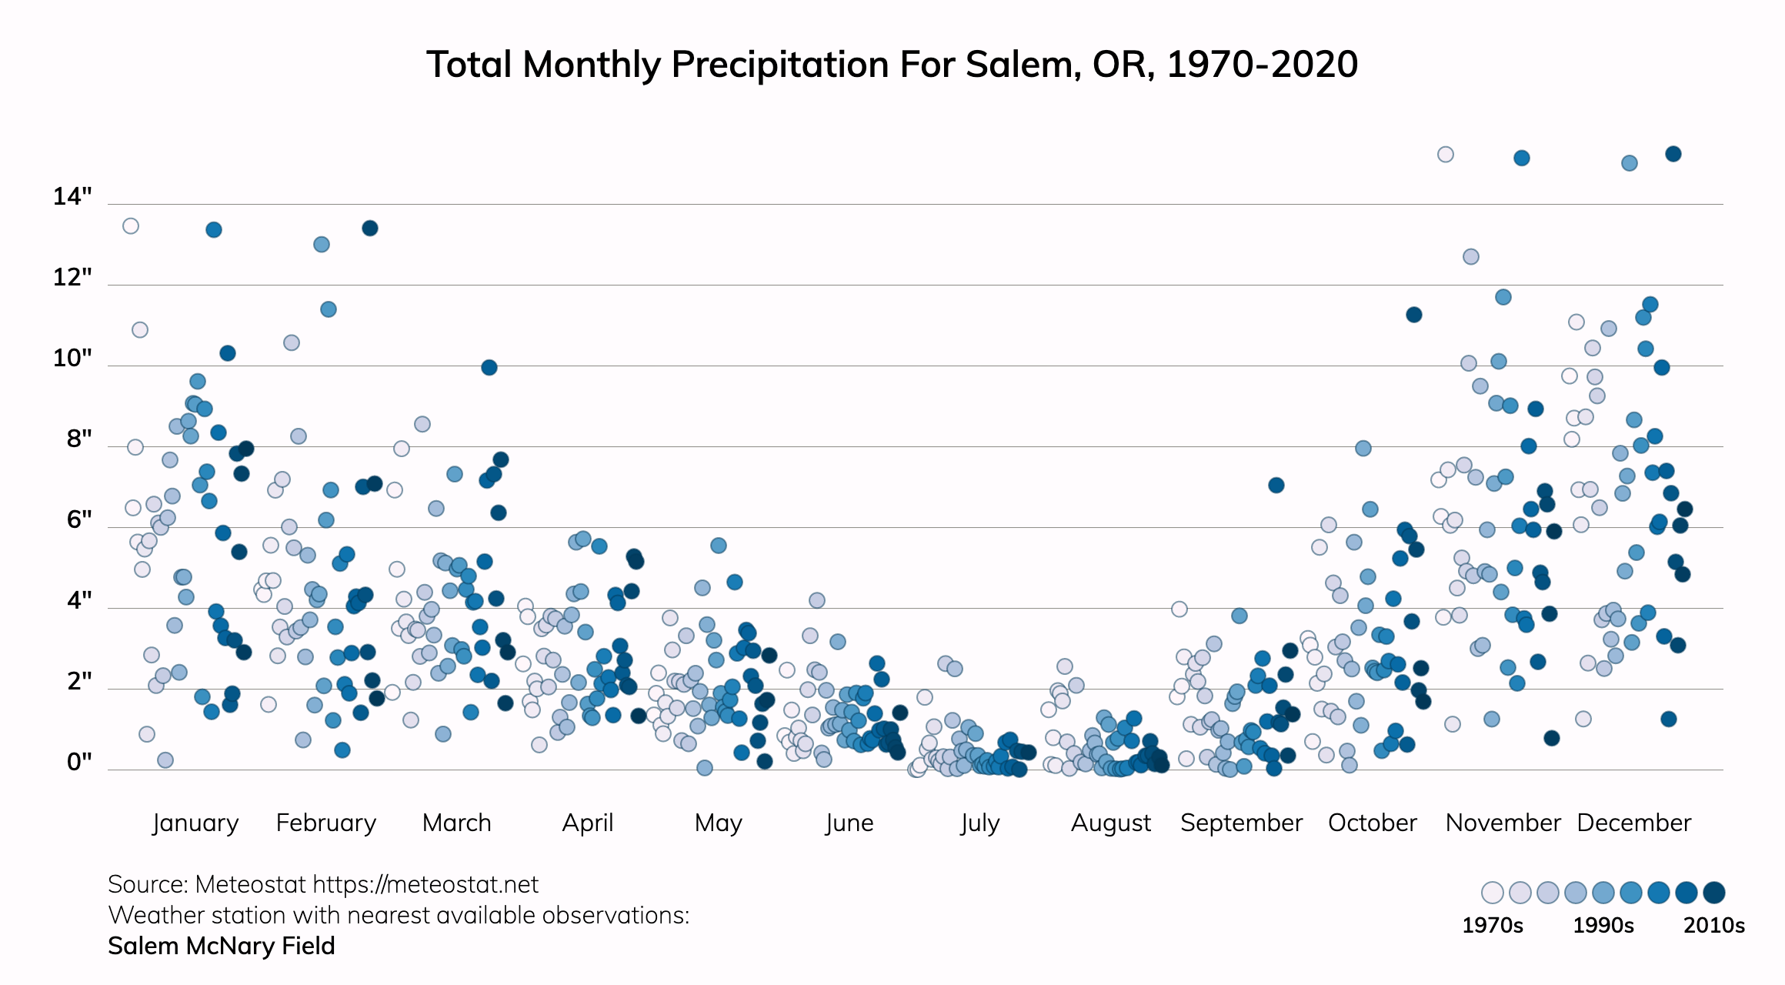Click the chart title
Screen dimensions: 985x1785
(892, 65)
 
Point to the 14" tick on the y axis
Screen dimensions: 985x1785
(72, 197)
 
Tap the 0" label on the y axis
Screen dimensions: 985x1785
(79, 762)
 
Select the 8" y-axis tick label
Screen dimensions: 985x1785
(79, 439)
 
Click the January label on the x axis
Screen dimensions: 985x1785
(195, 823)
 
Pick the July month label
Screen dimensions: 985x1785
(979, 823)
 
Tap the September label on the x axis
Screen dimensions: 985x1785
(1241, 823)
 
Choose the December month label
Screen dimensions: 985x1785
(1633, 823)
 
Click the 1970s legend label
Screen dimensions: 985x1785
(1492, 925)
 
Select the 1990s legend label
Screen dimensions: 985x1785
(1603, 925)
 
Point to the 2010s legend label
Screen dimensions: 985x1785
(1713, 925)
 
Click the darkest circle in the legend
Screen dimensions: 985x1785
(1714, 893)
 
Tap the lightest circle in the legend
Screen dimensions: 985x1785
(1493, 893)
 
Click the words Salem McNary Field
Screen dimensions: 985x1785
(222, 946)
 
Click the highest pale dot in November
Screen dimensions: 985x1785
(1446, 155)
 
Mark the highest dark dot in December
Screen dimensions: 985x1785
(1673, 154)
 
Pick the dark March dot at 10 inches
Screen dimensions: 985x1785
(489, 368)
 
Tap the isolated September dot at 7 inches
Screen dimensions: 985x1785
(1276, 485)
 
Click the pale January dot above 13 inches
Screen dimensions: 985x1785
(131, 226)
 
